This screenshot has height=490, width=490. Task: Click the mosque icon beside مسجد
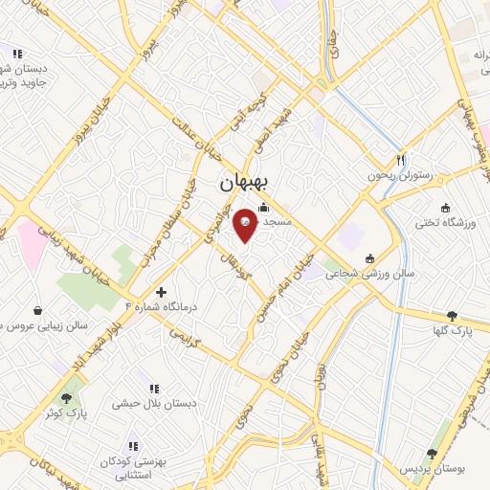pyautogui.click(x=264, y=208)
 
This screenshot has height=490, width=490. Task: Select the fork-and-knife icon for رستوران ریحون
pyautogui.click(x=401, y=161)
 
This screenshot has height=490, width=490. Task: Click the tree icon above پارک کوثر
pyautogui.click(x=66, y=398)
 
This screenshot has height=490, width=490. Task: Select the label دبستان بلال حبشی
pyautogui.click(x=154, y=404)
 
